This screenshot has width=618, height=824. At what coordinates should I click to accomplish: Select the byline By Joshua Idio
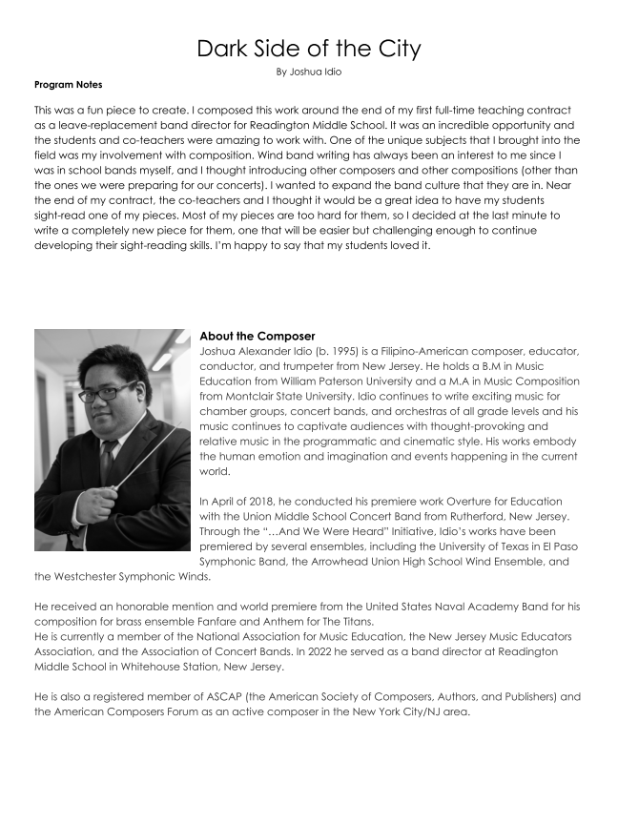click(308, 72)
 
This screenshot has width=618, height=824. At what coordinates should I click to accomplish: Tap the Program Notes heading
click(68, 85)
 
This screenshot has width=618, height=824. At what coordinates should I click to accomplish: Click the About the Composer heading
click(257, 336)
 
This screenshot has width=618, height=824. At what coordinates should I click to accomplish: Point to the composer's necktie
click(108, 462)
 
